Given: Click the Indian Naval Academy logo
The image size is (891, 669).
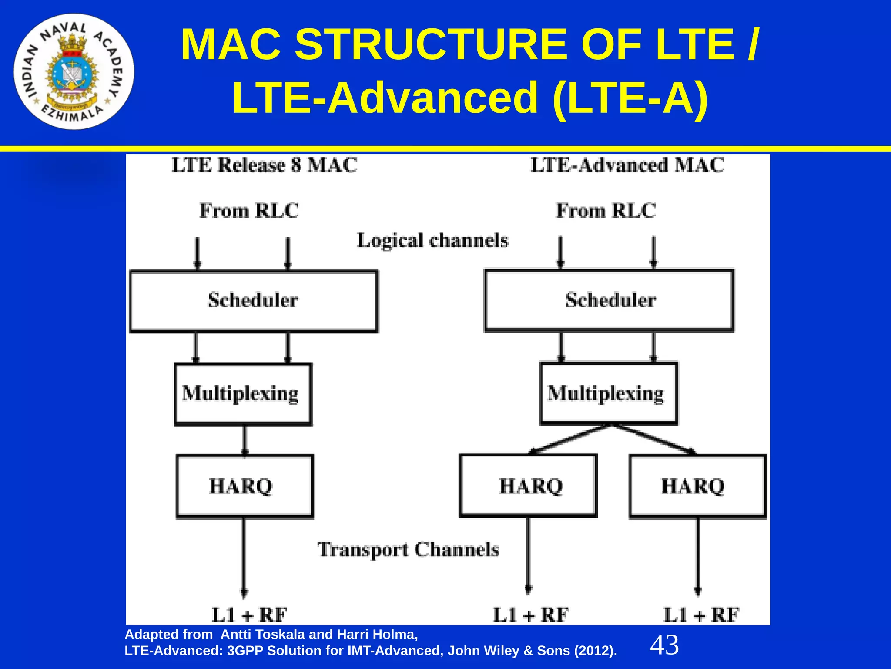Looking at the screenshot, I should pyautogui.click(x=74, y=72).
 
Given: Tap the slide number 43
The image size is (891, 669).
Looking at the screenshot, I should pyautogui.click(x=664, y=645).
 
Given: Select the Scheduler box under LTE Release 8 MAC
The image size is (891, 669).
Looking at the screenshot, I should pyautogui.click(x=254, y=301).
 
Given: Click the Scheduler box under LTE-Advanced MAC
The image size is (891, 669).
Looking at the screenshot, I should pyautogui.click(x=609, y=301).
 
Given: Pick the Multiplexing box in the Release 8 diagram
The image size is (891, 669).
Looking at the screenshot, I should pyautogui.click(x=243, y=394).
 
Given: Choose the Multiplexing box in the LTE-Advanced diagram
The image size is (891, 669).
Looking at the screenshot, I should pyautogui.click(x=608, y=393).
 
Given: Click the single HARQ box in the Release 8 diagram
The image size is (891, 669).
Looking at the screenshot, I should pyautogui.click(x=245, y=486).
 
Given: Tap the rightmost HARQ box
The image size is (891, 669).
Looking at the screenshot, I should pyautogui.click(x=697, y=486).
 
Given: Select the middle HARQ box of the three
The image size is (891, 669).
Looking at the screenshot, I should pyautogui.click(x=529, y=486).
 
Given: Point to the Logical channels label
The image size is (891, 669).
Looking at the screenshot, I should pyautogui.click(x=432, y=240).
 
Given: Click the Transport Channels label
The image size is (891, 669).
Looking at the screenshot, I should pyautogui.click(x=408, y=550).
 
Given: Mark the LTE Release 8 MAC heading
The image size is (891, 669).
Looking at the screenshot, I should pyautogui.click(x=265, y=165).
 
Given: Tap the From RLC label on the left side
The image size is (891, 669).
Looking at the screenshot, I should pyautogui.click(x=249, y=211).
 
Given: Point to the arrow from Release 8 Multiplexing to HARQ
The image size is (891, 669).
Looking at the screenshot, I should pyautogui.click(x=245, y=440).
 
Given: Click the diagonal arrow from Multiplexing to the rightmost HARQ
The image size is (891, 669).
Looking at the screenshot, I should pyautogui.click(x=655, y=439).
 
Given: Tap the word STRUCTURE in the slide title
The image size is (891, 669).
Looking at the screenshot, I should pyautogui.click(x=431, y=45).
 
